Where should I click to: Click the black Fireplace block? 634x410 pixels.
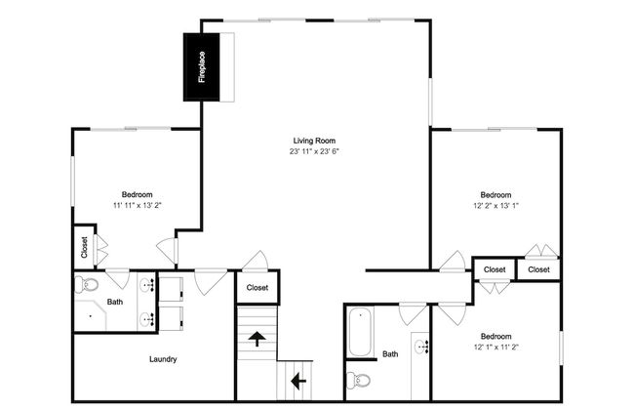pos(201,66)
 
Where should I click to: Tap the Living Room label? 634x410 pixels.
pos(314,141)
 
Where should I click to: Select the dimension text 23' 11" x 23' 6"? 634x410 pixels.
pos(314,151)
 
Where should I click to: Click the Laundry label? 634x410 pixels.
pos(163,359)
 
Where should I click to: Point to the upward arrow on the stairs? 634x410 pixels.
pos(257,339)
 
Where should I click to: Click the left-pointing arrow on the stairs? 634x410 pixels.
pos(298,381)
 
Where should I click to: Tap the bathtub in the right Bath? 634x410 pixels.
pos(360,332)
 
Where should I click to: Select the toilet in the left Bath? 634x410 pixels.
pos(87,284)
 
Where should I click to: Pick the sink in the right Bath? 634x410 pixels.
pos(421,347)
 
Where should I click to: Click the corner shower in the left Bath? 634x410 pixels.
pos(90,315)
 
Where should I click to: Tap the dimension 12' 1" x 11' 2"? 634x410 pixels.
pos(496,347)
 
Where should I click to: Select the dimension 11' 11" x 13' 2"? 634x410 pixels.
pos(138,205)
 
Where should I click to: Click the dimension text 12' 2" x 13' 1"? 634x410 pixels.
pos(496,206)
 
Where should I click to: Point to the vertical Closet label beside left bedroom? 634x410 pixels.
pos(84,247)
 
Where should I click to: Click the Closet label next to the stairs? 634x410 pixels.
pos(258,287)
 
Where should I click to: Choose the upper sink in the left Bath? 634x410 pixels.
pos(146,285)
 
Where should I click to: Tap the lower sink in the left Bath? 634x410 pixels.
pos(146,319)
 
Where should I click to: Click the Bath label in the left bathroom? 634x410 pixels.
pos(115,302)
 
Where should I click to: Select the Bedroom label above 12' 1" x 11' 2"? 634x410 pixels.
pos(495,337)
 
